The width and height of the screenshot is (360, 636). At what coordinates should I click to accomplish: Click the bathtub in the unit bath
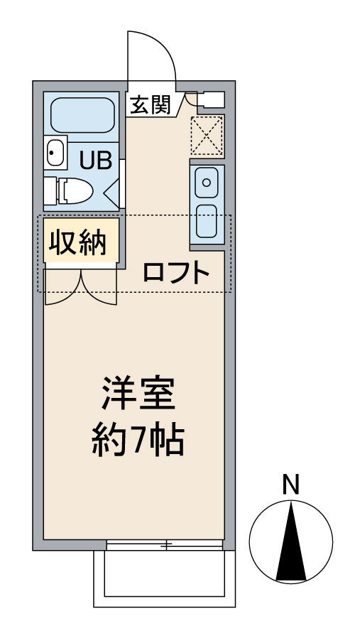82,115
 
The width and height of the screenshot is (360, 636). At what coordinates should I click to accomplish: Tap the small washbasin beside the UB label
55,153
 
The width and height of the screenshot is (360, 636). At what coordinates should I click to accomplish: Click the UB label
96,161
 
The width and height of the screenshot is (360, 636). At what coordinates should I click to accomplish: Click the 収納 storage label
77,242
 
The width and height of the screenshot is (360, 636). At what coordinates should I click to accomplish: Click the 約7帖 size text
138,440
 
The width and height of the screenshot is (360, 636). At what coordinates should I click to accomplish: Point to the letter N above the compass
290,485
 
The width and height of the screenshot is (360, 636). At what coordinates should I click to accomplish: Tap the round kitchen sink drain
207,183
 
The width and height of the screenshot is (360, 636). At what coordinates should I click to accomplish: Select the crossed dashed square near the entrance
207,136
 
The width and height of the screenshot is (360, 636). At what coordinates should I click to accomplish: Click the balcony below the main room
164,578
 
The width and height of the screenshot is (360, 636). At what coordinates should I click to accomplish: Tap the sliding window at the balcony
165,545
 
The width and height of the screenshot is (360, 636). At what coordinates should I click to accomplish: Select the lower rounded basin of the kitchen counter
207,221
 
